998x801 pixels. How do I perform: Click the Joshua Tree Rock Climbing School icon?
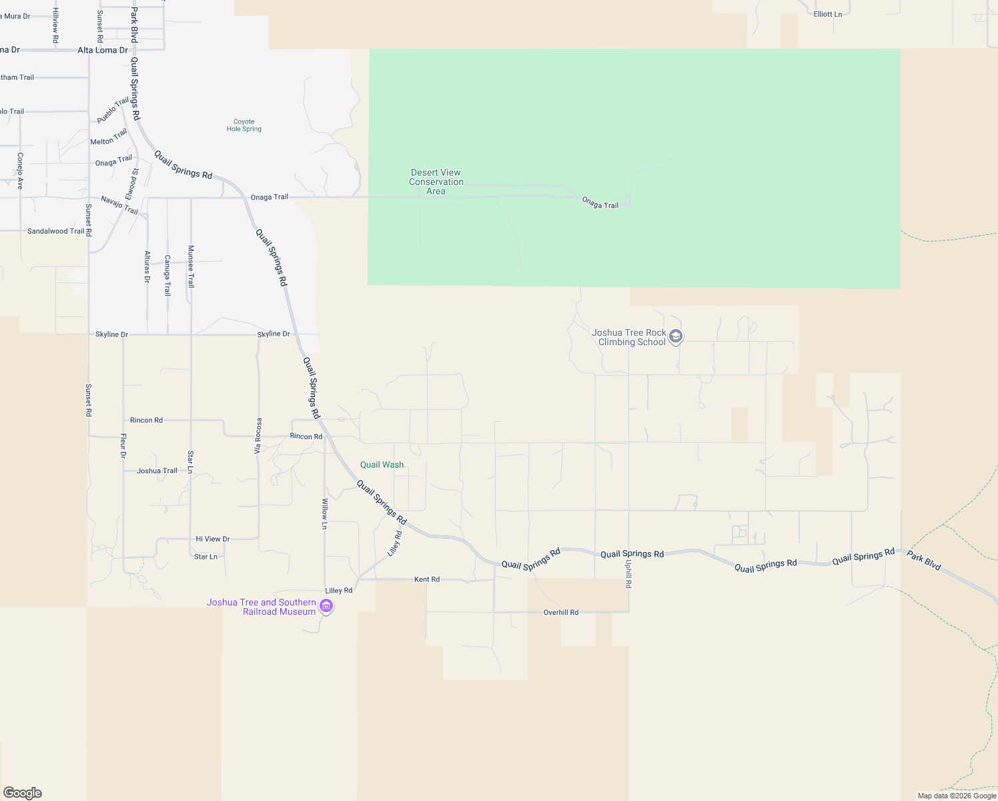coord(676,336)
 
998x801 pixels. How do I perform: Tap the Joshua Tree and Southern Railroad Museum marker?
coord(326,606)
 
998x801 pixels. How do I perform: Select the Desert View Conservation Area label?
coord(436,182)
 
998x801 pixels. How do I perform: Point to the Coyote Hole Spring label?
coord(244,125)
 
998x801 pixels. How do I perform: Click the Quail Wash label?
coord(382,465)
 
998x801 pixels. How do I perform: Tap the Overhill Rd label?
coord(561,612)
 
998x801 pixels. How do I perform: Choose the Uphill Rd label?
coord(628,573)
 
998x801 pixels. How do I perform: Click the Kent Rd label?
coord(427,579)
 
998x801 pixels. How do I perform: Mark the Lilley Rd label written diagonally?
coord(395,544)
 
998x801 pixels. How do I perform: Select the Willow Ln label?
coord(325,514)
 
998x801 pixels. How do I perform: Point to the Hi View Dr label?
coord(213,539)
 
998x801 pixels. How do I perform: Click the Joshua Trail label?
coord(157,471)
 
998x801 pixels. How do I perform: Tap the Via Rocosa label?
coord(258,436)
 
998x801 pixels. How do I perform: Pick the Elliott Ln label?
coord(827,14)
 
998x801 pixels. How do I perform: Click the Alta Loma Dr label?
coord(103,50)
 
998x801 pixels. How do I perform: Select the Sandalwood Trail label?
coord(56,231)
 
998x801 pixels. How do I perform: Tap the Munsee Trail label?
coord(191,266)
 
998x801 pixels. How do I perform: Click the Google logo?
coord(23,793)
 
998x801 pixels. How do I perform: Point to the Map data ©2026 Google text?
coord(957,796)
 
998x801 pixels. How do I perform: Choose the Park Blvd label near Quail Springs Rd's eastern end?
coord(924,561)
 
